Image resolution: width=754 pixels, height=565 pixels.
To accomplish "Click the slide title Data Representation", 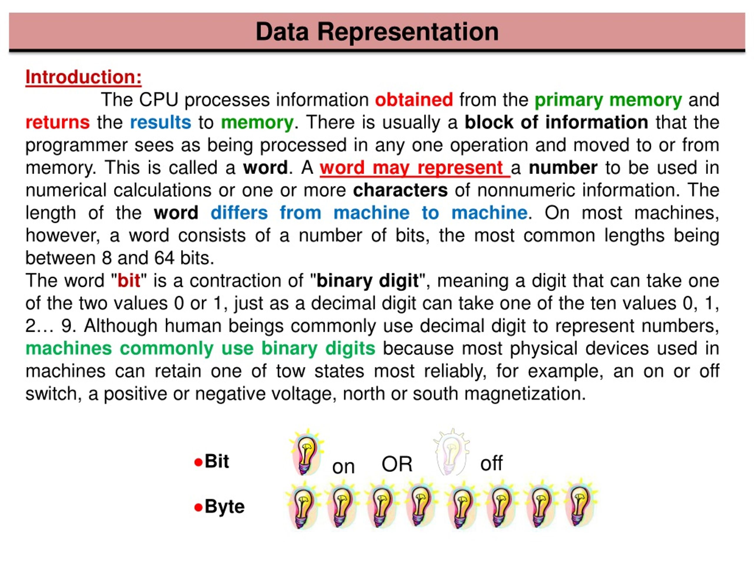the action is coord(377,32).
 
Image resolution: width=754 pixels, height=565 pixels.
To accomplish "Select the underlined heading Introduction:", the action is coord(84,77).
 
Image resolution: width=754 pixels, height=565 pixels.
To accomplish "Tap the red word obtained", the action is coord(414,100).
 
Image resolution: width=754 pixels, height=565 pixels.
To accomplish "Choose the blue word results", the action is coord(161,122).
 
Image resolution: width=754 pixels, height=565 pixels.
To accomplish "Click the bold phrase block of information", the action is coord(556,122).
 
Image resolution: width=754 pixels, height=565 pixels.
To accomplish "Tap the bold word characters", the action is coord(400,190).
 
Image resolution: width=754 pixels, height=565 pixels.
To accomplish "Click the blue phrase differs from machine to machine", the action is coord(369,213).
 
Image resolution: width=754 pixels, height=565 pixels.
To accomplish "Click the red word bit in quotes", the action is coord(128,281).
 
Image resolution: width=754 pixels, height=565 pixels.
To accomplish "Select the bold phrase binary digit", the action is coord(367,281).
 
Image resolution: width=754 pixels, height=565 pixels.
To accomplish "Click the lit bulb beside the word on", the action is coord(306,453).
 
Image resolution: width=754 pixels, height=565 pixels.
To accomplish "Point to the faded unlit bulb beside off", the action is coord(452,452).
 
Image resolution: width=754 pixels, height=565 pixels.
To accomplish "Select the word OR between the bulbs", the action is coord(397,464).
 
